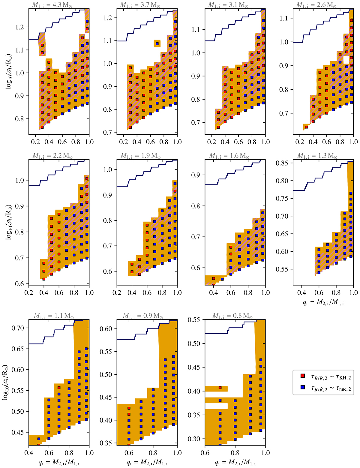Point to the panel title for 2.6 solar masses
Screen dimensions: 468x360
point(316,5)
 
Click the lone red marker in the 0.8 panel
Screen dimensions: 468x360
point(220,388)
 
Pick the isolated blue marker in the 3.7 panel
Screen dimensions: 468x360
point(157,44)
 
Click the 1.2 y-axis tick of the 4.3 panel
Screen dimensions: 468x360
point(22,27)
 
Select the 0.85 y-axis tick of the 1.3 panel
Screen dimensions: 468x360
point(283,163)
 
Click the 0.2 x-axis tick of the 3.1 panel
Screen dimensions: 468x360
point(212,141)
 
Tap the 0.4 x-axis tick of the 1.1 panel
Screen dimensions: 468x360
point(29,453)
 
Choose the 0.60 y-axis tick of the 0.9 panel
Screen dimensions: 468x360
point(105,329)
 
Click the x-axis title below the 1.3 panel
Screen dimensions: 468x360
point(323,303)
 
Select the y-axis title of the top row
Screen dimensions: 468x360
point(8,71)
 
